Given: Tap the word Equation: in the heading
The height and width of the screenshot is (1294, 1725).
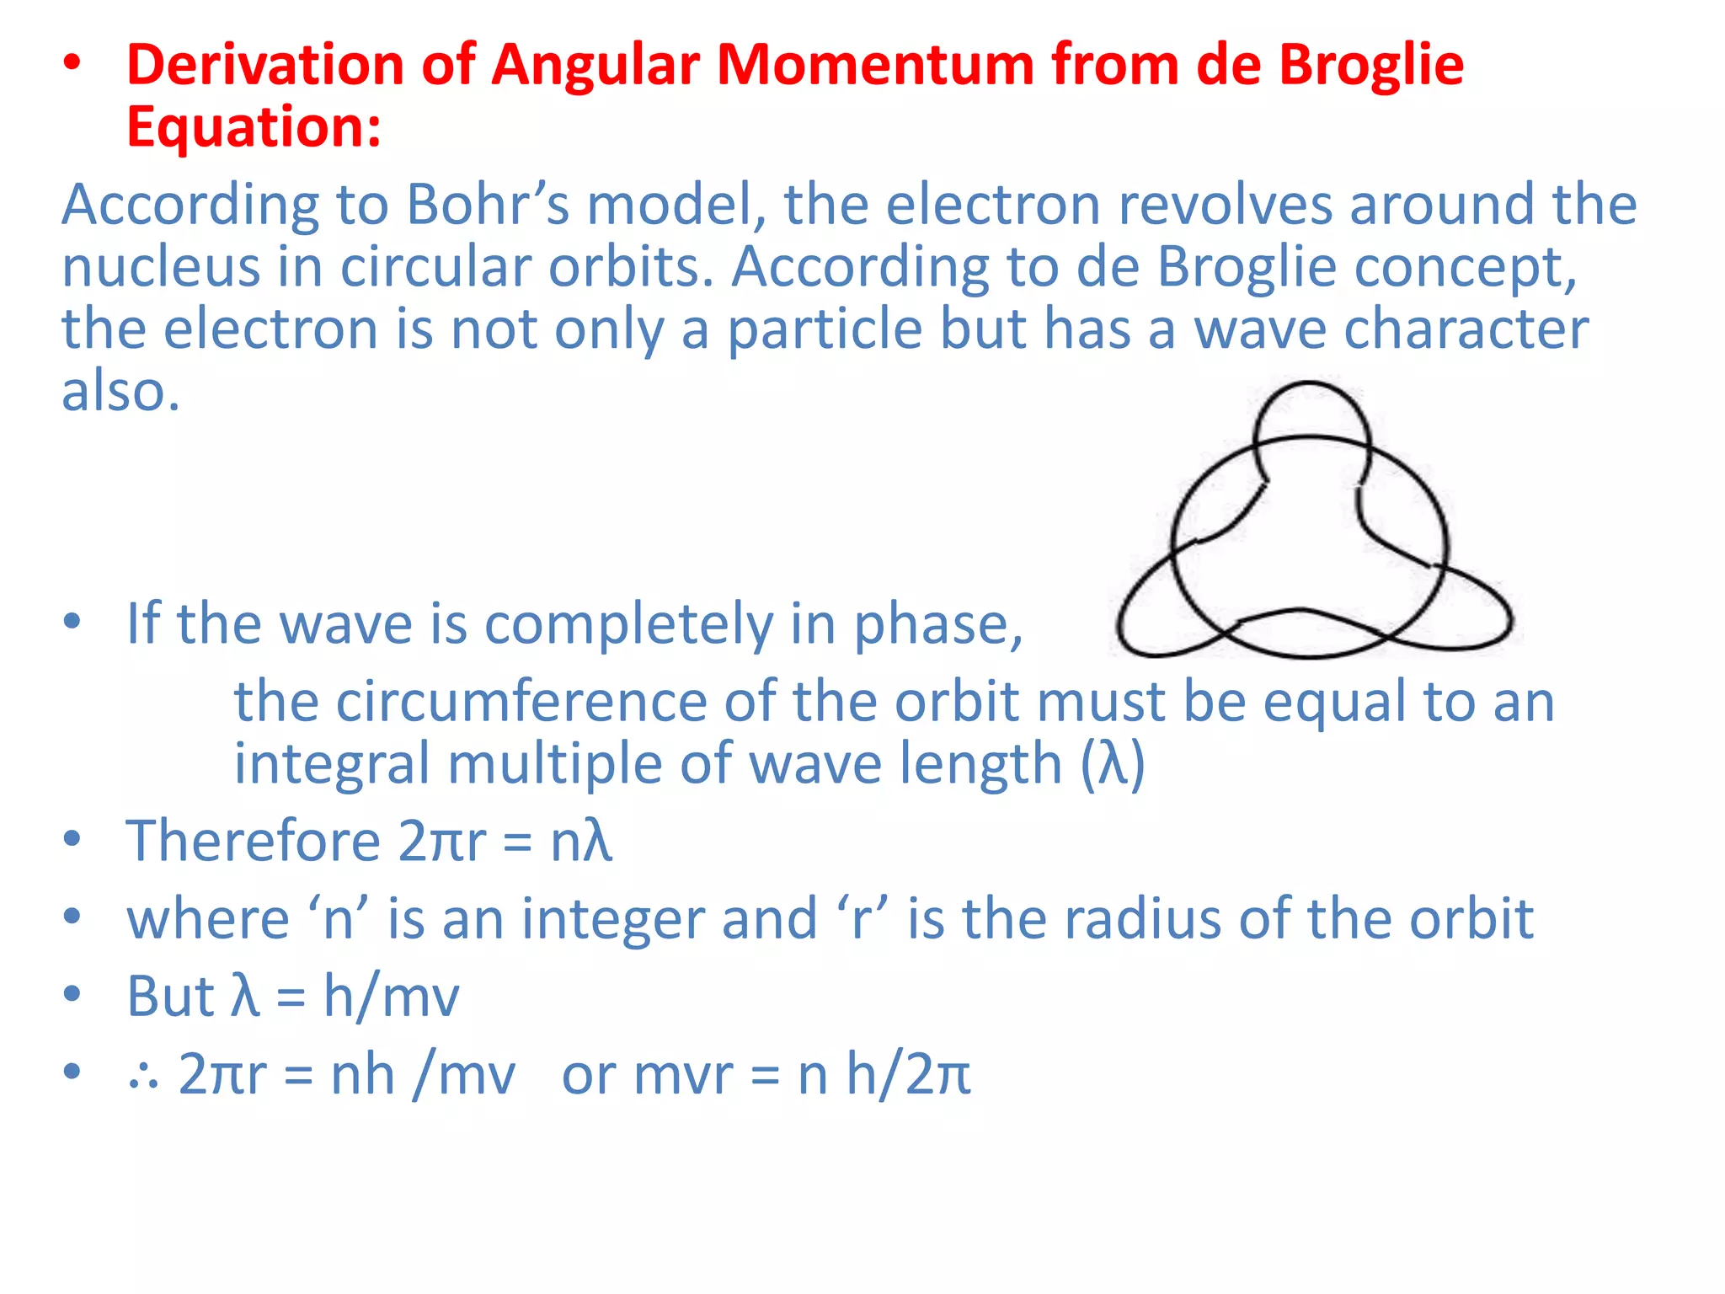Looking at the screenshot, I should (x=254, y=128).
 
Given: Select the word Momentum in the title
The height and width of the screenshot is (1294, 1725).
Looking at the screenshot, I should (x=875, y=66).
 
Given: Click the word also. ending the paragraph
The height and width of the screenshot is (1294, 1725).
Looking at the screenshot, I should (x=120, y=392).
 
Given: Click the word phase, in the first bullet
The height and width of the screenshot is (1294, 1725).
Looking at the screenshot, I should (x=937, y=625).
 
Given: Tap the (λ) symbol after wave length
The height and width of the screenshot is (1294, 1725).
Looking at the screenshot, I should (x=1113, y=764).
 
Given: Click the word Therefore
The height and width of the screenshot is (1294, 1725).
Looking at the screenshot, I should (x=254, y=842).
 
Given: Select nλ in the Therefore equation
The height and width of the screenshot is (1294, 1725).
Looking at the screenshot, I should (x=581, y=842).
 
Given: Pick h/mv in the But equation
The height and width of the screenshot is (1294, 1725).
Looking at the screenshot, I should (x=391, y=997).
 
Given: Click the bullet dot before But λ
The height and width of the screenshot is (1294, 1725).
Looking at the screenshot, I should (x=72, y=994).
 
